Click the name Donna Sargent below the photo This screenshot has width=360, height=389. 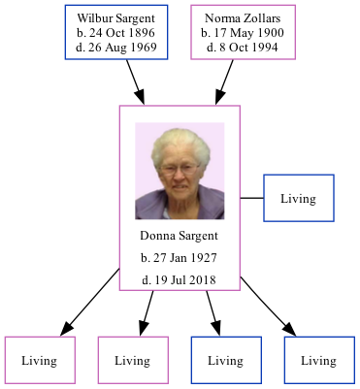(179, 236)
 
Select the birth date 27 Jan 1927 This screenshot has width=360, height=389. (179, 258)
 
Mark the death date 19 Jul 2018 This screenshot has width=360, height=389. (179, 279)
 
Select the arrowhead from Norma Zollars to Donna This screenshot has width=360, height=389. (221, 96)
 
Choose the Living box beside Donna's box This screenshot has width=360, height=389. (299, 199)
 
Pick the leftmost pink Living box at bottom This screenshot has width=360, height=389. (39, 360)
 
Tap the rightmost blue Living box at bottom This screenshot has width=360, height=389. (318, 360)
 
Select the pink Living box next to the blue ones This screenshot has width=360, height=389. (132, 360)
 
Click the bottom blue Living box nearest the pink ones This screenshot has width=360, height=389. (225, 360)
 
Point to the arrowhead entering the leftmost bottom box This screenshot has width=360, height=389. (66, 328)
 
